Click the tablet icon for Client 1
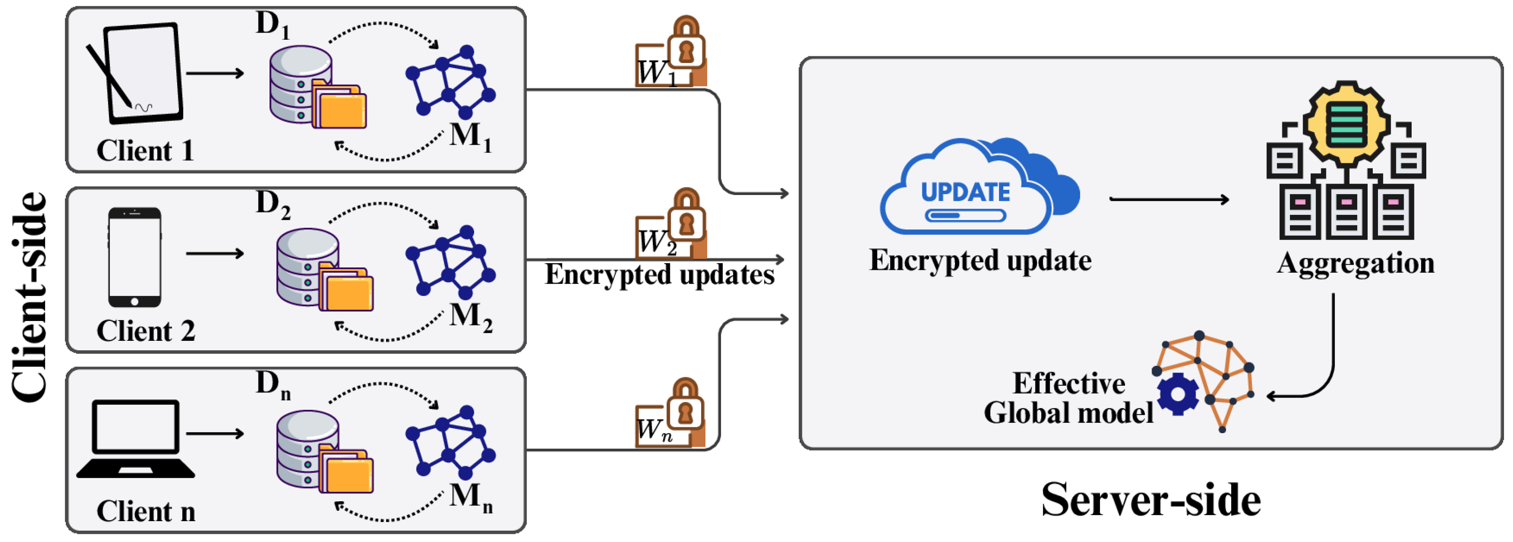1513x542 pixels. pos(139,73)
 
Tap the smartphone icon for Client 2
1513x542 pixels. pos(135,257)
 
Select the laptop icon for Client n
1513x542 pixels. pos(135,439)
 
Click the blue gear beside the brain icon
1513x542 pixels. pos(1177,393)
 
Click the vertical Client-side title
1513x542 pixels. pos(29,296)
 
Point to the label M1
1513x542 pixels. pos(470,136)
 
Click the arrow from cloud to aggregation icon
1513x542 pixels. pos(1169,200)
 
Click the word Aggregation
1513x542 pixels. pos(1355,263)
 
